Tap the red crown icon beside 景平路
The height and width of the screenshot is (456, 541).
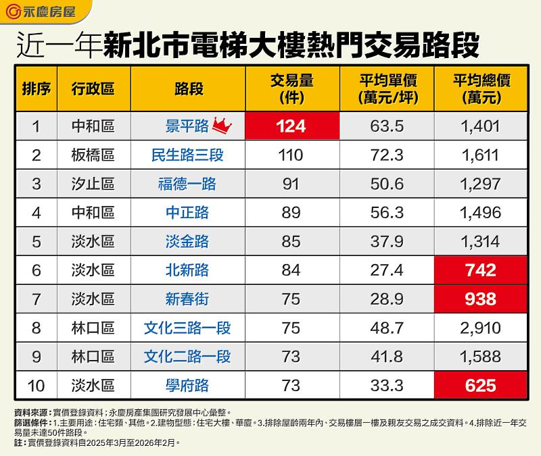tap(222, 125)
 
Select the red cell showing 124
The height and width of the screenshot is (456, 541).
tap(291, 126)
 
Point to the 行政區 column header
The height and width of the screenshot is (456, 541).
tap(93, 88)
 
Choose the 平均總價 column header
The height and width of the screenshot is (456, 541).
tap(481, 88)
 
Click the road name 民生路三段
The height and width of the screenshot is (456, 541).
tap(187, 155)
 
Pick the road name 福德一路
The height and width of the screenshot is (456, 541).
tap(187, 184)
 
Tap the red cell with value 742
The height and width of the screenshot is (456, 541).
tap(481, 270)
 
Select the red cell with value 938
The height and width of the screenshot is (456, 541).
tap(481, 299)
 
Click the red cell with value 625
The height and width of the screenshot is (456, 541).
tap(481, 386)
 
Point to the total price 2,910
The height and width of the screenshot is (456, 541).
tap(481, 328)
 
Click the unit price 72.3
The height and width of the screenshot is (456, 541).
tap(387, 155)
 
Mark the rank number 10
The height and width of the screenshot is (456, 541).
tap(37, 386)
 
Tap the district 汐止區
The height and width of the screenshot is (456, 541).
tap(93, 184)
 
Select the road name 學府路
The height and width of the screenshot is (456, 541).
tap(187, 386)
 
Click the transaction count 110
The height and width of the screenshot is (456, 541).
tap(291, 155)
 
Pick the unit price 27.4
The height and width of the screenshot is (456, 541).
tap(387, 270)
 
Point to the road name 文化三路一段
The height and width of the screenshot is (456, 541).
tap(187, 328)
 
